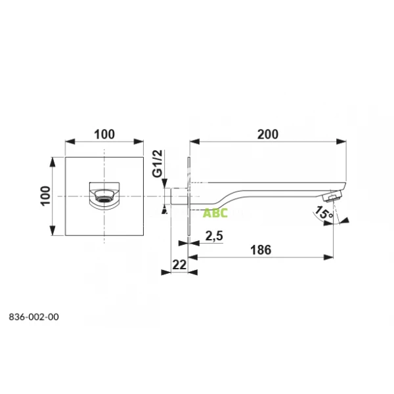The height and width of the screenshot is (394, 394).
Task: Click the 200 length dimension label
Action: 268,135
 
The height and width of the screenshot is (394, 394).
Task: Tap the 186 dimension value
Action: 261,250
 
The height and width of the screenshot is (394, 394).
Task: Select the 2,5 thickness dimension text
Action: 214,236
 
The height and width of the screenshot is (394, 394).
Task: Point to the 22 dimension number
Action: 179,265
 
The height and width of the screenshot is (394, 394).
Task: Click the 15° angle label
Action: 324,213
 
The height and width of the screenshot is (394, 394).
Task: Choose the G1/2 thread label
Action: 158,164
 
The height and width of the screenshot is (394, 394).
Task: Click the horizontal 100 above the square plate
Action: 104,135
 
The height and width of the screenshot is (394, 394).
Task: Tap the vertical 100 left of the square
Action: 45,196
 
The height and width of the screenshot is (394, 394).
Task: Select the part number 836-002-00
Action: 34,317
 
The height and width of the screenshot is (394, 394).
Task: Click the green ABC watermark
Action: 215,213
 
